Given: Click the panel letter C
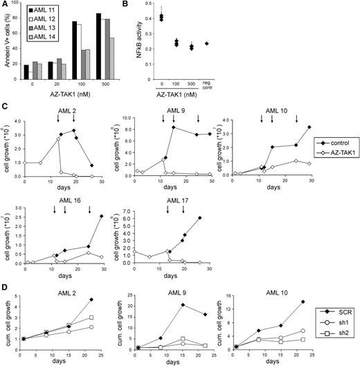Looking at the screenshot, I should coord(5,107).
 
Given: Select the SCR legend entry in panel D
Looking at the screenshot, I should coord(328,311).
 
